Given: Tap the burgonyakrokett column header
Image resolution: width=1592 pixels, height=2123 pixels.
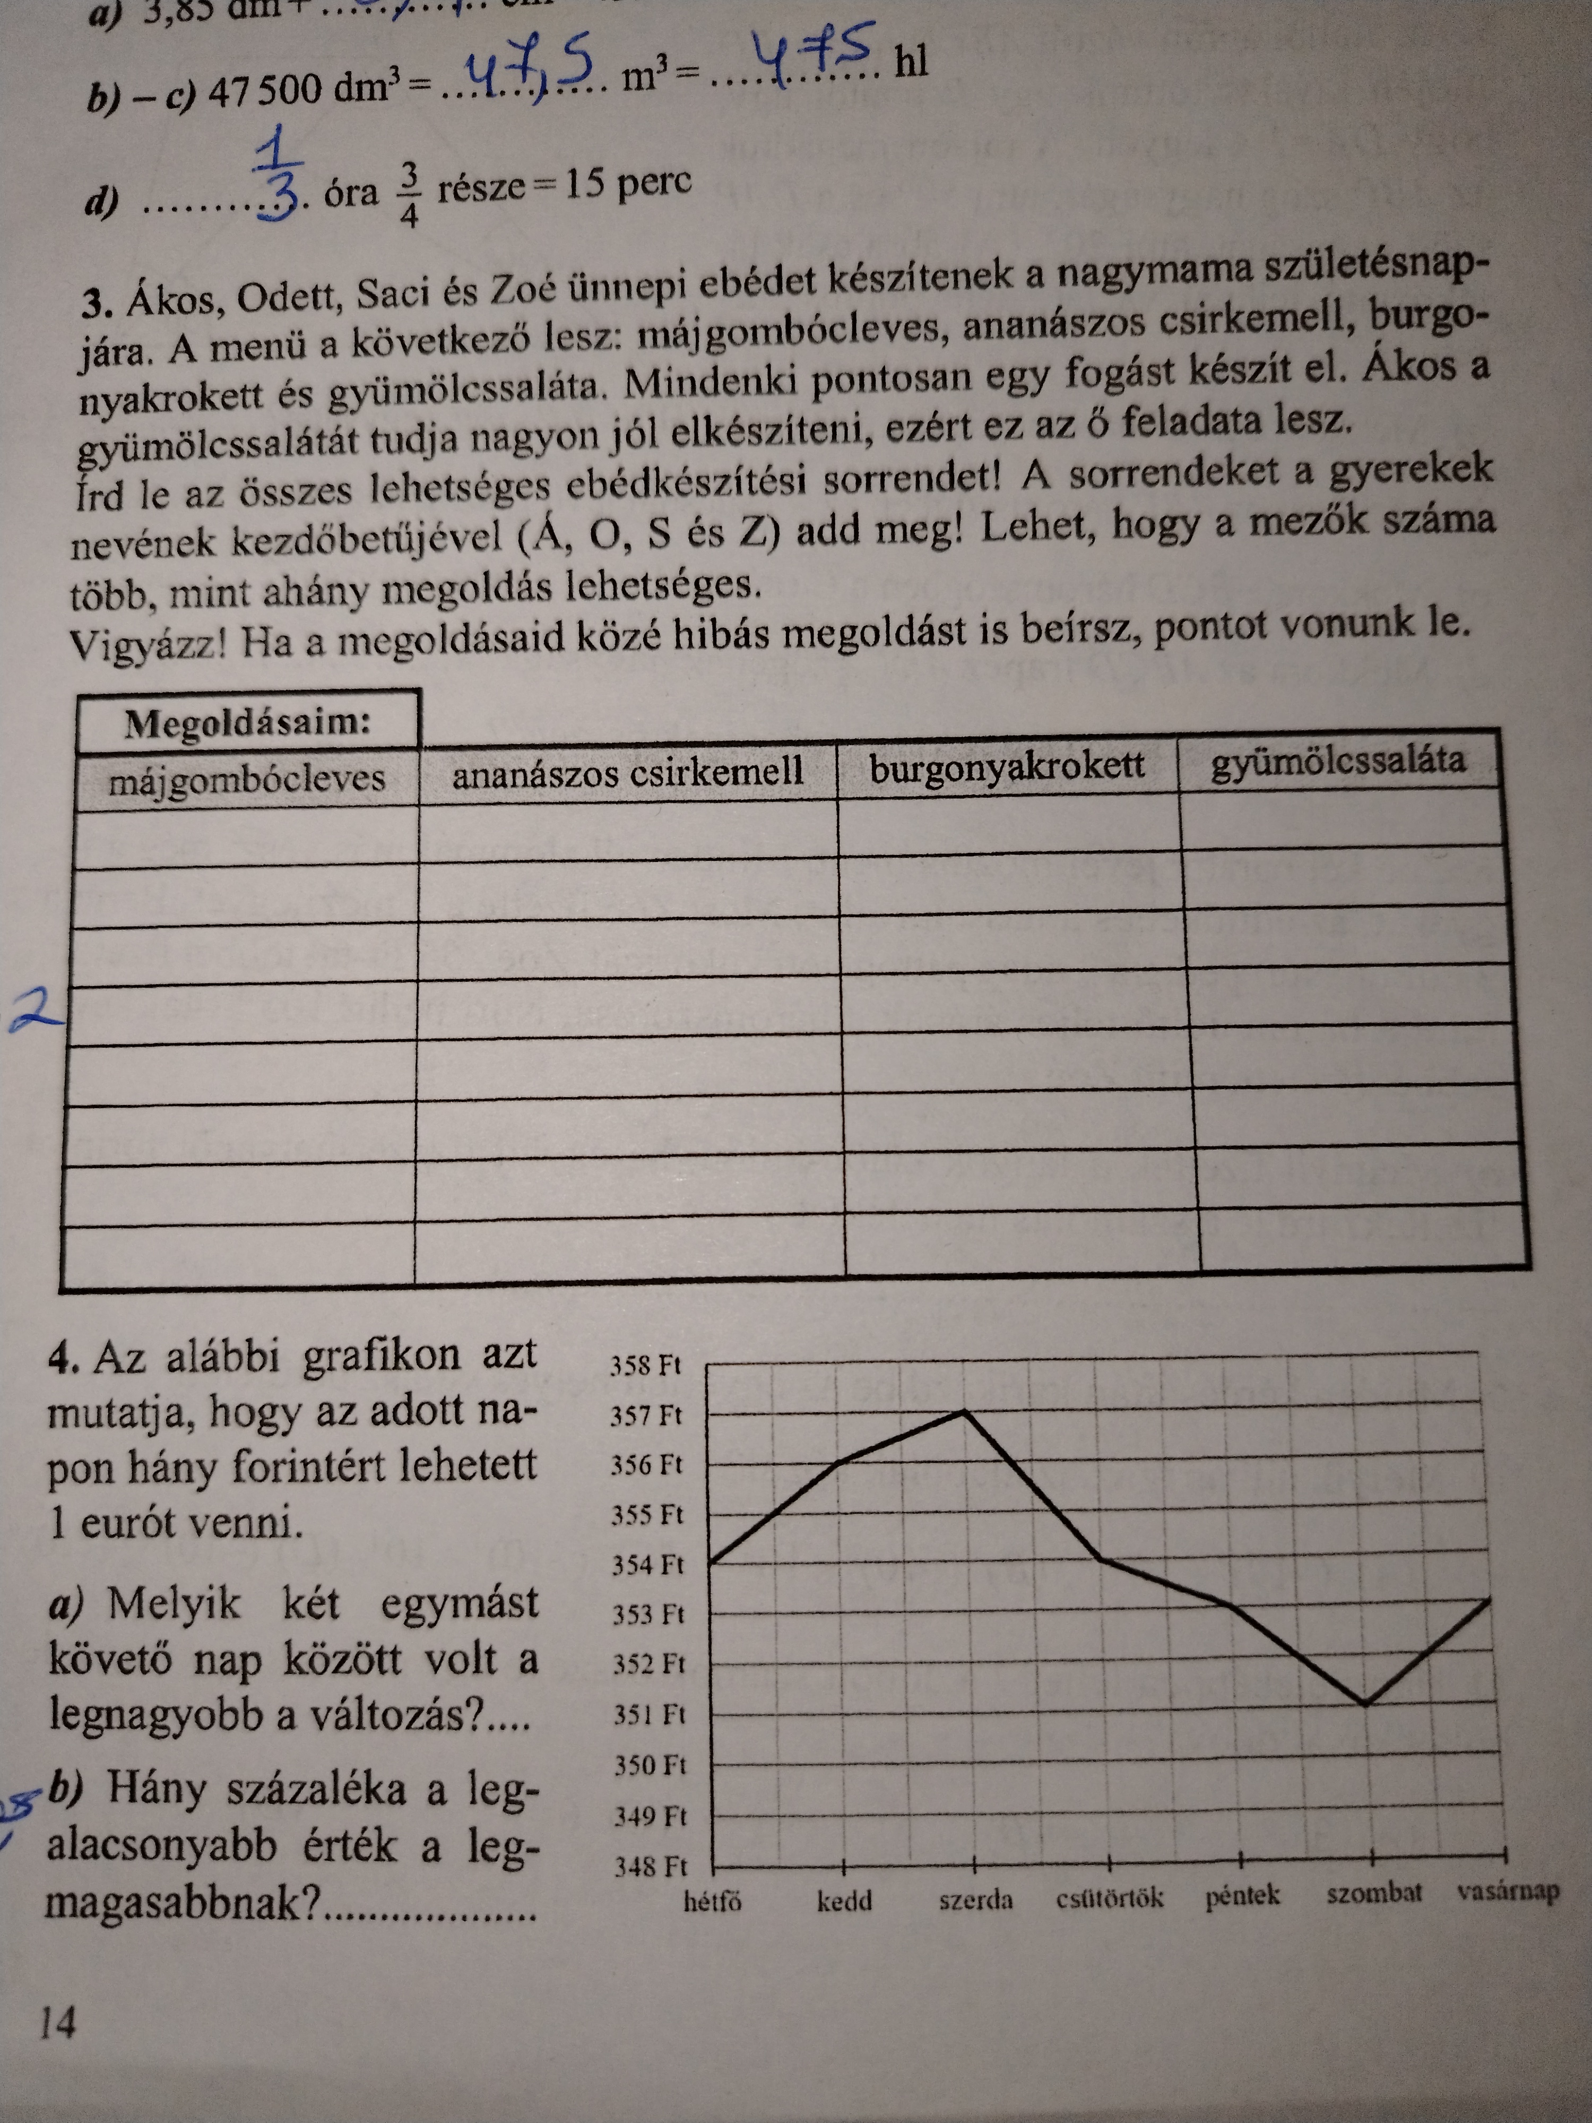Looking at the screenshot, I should tap(1007, 766).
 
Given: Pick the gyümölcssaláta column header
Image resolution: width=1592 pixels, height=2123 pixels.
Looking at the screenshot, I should tap(1339, 761).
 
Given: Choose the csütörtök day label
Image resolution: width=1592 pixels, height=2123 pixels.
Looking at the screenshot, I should tap(1109, 1897).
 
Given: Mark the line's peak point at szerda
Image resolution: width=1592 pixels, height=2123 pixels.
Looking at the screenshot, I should tap(964, 1411).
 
